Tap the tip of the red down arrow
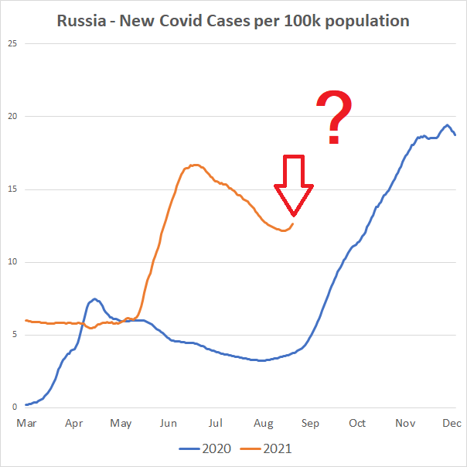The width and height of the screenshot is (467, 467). coord(294,214)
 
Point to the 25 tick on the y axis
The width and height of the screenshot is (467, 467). coord(12,43)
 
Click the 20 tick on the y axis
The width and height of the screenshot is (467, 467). coord(12,116)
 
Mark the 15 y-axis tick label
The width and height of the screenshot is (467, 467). coord(12,189)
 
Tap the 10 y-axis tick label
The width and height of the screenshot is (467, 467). coord(12,262)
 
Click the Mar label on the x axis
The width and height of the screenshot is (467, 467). coord(26,423)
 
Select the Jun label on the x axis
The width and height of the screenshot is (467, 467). coord(169,423)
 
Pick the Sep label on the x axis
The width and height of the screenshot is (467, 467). coord(310,423)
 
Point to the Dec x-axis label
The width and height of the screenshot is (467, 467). coord(452,423)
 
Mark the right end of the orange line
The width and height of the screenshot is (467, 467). coord(293,224)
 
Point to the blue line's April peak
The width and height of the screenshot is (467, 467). coord(94,298)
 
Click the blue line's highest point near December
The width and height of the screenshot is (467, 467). coord(447,124)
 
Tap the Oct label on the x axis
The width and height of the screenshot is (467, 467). coord(357,423)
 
